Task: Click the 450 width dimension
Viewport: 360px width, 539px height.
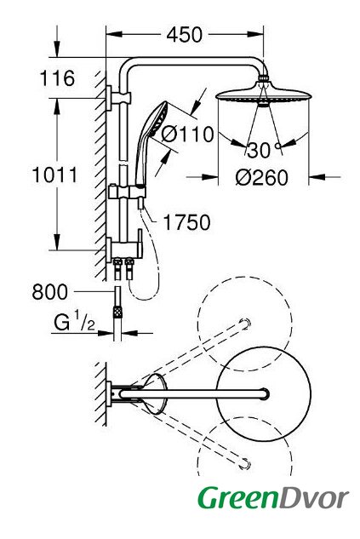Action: [x=185, y=35]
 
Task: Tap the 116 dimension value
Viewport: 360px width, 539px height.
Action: [x=57, y=78]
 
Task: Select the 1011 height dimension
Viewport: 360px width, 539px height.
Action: [x=55, y=175]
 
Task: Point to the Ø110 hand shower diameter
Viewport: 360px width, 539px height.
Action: [x=187, y=134]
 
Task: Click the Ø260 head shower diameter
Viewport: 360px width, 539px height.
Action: [x=262, y=178]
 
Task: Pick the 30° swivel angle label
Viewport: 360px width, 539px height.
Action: [x=264, y=150]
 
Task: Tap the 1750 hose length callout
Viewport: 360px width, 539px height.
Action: [x=186, y=222]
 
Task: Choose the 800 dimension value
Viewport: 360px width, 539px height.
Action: [x=50, y=292]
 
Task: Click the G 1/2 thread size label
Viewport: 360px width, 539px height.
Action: [x=74, y=322]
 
